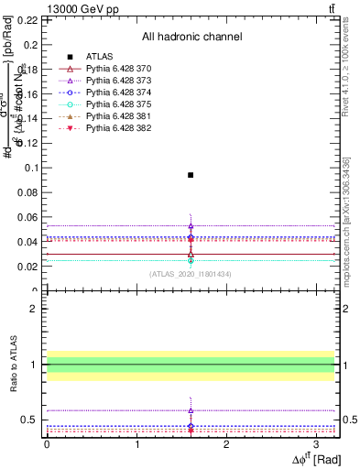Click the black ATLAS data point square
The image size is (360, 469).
(x=191, y=174)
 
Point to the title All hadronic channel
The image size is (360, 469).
(x=191, y=38)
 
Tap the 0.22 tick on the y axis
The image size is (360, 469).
(x=30, y=19)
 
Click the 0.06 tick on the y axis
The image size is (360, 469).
(x=30, y=217)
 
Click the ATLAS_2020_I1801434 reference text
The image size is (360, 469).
(x=191, y=273)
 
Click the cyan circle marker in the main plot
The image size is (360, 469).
(x=191, y=260)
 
